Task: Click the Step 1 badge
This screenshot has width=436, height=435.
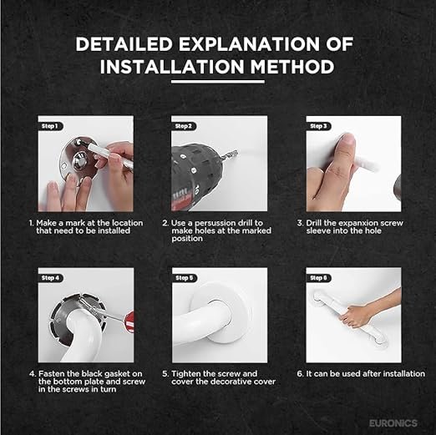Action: click(51, 126)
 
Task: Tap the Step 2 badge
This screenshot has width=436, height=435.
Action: click(184, 126)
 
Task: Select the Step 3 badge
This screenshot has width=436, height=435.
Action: click(319, 126)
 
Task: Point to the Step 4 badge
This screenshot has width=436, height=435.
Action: click(51, 278)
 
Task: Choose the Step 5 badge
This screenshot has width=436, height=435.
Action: click(185, 278)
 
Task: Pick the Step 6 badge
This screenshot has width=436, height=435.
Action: click(319, 278)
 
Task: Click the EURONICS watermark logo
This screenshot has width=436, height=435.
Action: click(393, 423)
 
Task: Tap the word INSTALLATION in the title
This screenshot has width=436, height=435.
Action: click(172, 67)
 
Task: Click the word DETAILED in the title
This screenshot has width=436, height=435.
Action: click(124, 44)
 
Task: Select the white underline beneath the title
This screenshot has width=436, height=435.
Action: click(218, 82)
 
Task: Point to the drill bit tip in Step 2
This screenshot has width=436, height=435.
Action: click(237, 151)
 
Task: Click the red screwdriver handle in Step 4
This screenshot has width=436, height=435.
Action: click(129, 322)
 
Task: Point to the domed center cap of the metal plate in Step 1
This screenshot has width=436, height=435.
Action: click(80, 161)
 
